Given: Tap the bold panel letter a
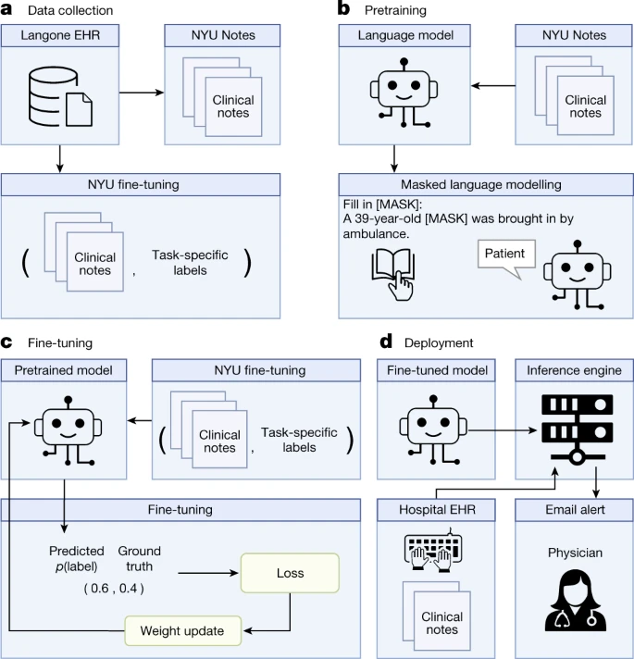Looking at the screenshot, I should point(6,10).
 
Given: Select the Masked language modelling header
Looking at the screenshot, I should point(477,184).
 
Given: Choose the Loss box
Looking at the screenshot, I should point(291,573).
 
